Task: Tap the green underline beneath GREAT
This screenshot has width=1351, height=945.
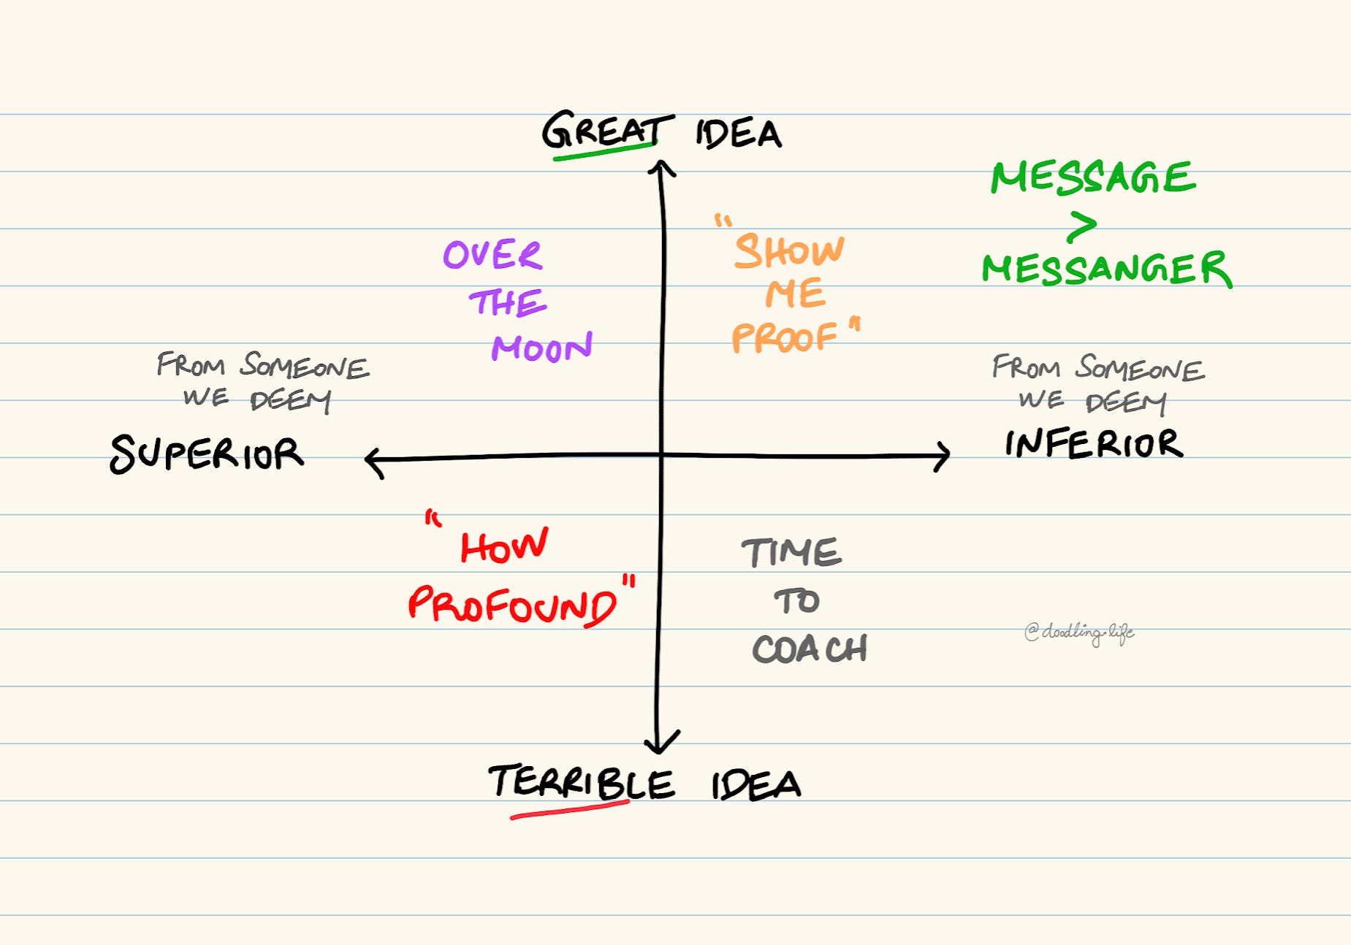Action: [x=605, y=149]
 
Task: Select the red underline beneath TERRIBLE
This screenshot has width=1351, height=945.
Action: [x=570, y=810]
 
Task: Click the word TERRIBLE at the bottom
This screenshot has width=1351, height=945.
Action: [x=581, y=783]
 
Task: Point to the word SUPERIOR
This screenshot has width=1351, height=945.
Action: [x=206, y=454]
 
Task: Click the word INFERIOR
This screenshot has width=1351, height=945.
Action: [x=1094, y=443]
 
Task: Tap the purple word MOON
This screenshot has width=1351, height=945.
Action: [x=541, y=348]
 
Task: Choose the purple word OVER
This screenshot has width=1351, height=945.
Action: [x=492, y=255]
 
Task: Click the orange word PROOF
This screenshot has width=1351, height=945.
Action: [x=784, y=337]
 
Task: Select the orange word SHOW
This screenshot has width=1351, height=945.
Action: [x=789, y=251]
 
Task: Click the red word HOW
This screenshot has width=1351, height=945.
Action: [x=503, y=546]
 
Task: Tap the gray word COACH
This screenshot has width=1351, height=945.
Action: [x=810, y=649]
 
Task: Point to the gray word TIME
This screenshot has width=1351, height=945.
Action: [x=791, y=553]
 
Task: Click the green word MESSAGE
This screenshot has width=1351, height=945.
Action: [x=1093, y=177]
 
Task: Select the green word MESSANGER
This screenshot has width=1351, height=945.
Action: [x=1106, y=269]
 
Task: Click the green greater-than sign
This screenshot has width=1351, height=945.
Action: [x=1082, y=226]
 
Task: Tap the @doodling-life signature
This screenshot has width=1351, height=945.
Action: [x=1079, y=632]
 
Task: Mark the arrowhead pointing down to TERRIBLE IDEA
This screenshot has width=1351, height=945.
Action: [x=660, y=743]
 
